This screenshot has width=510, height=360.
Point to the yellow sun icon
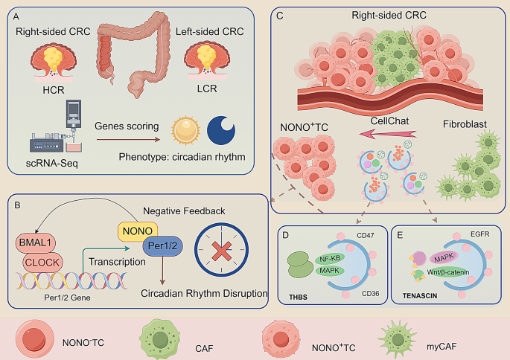(x=186, y=129)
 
